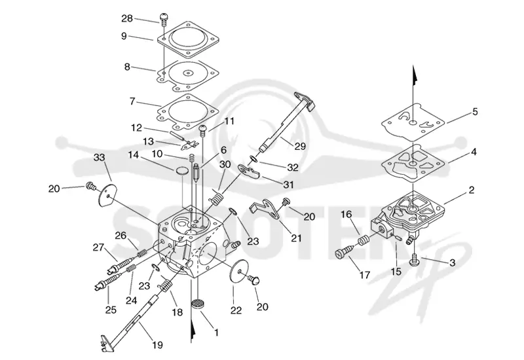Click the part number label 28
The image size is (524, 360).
point(127,18)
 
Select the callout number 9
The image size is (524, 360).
point(124,36)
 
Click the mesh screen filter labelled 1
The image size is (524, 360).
point(198,306)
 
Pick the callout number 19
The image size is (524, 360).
point(157,344)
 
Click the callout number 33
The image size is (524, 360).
point(100,157)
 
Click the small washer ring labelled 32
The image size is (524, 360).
point(253,159)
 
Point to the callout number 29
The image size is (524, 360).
point(300,146)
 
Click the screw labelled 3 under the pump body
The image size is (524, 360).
point(414,260)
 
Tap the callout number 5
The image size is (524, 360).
point(475,111)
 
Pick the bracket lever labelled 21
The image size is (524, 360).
point(266,209)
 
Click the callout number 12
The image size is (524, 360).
point(136,128)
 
